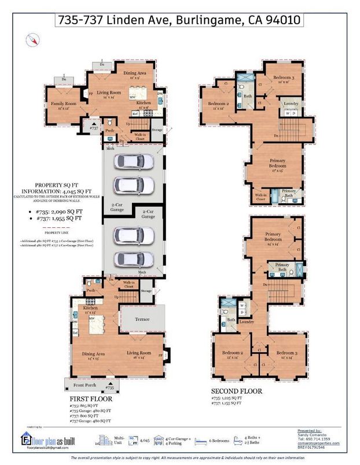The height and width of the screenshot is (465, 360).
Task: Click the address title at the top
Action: point(179,20)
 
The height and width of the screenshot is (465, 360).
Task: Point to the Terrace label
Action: point(142,319)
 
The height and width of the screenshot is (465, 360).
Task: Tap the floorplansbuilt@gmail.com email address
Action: point(44,448)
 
